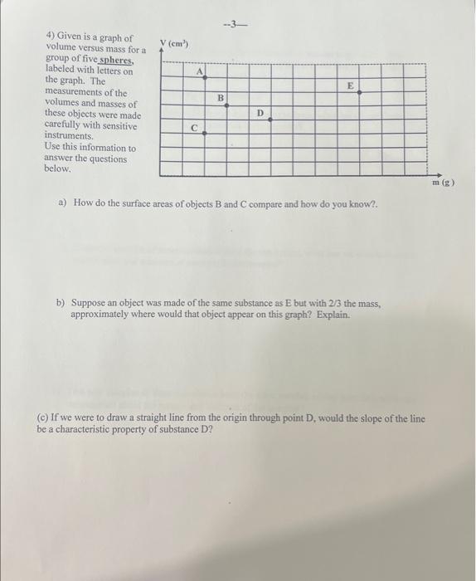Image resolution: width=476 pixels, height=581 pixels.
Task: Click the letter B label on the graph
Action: click(x=221, y=99)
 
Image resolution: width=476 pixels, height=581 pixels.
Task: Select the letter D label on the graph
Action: click(x=260, y=112)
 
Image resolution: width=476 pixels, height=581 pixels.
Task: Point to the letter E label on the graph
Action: click(x=351, y=85)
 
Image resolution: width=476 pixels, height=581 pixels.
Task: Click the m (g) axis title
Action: click(x=441, y=182)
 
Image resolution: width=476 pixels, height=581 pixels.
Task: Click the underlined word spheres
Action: click(x=115, y=61)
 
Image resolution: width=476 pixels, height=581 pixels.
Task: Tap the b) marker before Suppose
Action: click(x=61, y=304)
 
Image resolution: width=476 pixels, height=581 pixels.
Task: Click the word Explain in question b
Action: click(x=333, y=315)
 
